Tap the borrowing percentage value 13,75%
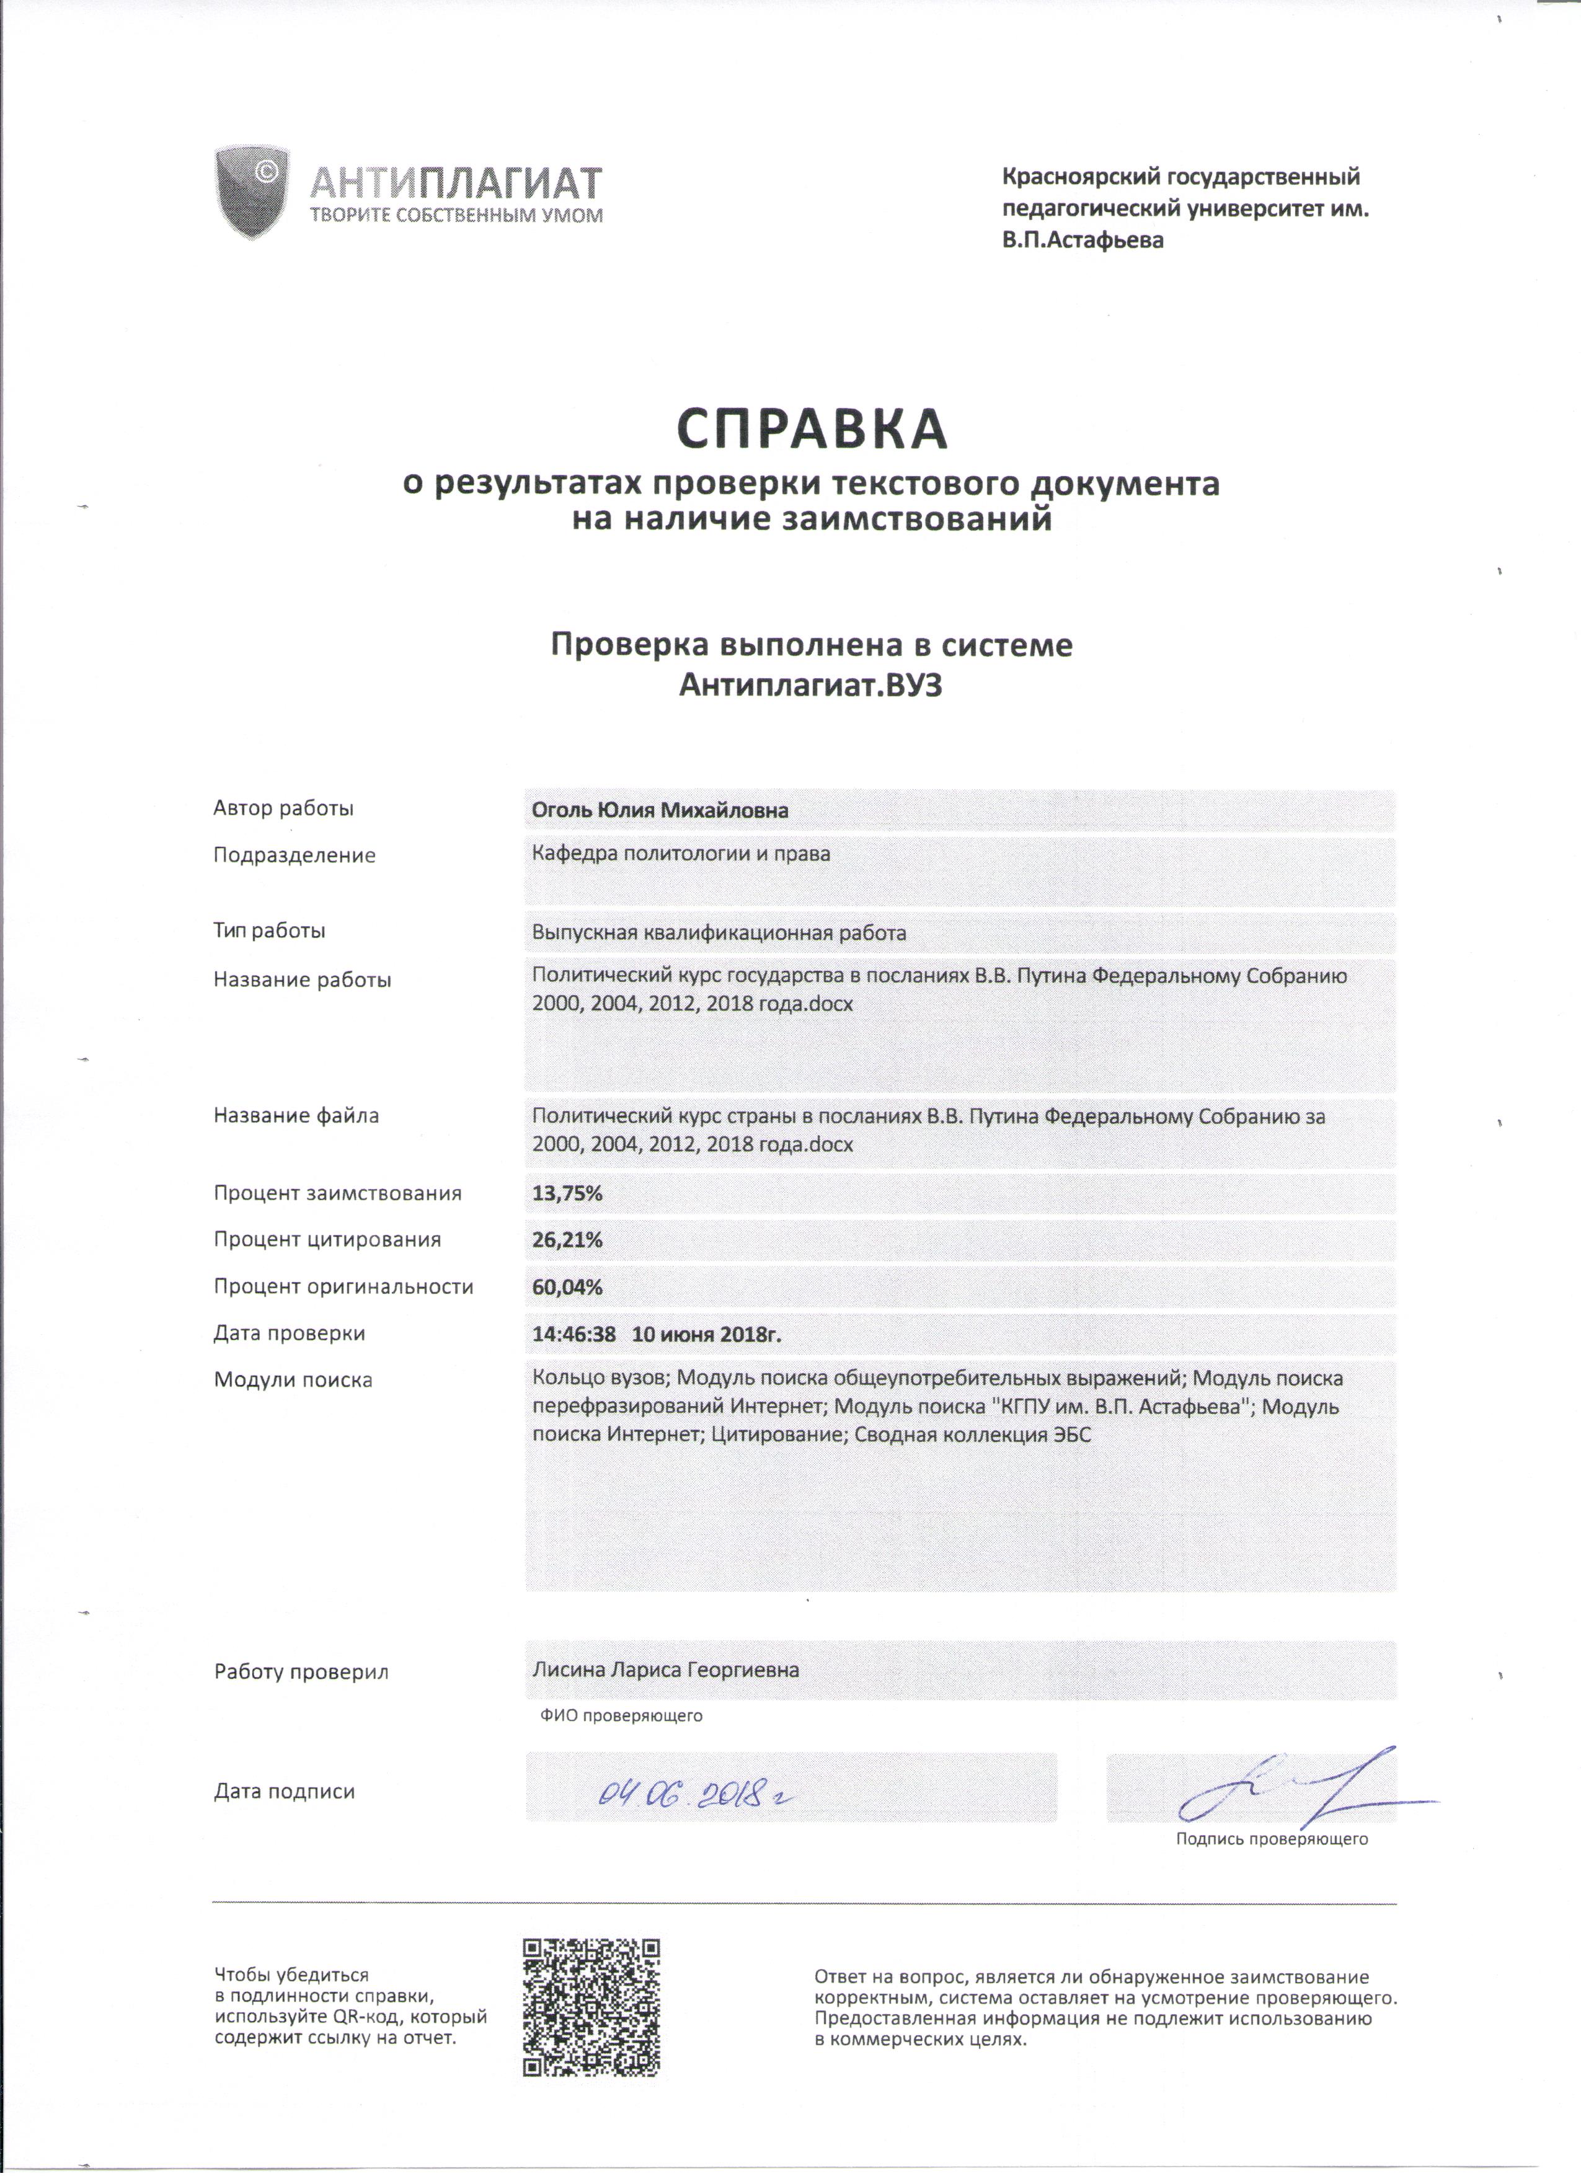click(567, 1193)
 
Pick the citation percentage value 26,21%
click(567, 1240)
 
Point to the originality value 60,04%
click(567, 1286)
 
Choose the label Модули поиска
click(293, 1379)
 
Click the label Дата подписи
click(284, 1791)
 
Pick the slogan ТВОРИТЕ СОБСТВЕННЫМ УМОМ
click(456, 216)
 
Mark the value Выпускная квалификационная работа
click(719, 932)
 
